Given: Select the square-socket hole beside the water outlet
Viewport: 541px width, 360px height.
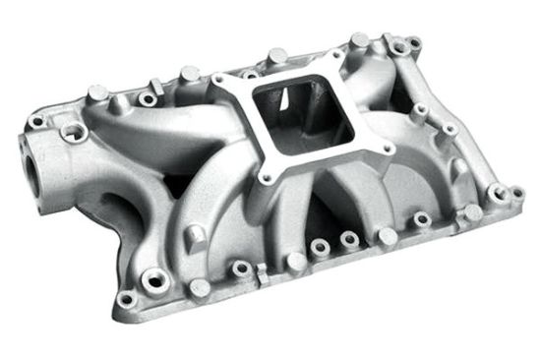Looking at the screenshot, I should pyautogui.click(x=75, y=131).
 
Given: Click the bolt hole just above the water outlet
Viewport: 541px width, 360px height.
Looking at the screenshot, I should pyautogui.click(x=37, y=122).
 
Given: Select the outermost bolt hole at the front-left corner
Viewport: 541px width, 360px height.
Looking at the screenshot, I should pyautogui.click(x=126, y=297).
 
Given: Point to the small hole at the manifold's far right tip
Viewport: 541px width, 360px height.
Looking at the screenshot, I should pyautogui.click(x=517, y=194).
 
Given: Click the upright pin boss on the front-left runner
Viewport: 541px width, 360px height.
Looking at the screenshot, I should pyautogui.click(x=195, y=234).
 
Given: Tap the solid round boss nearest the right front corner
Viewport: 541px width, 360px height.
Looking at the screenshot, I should pyautogui.click(x=473, y=212).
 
